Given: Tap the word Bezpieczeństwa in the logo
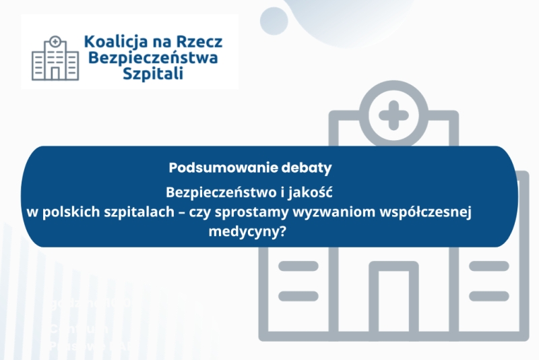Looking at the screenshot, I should [x=153, y=58].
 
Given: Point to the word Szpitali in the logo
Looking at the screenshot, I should [x=154, y=73].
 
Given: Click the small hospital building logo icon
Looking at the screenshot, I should [x=53, y=56].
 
